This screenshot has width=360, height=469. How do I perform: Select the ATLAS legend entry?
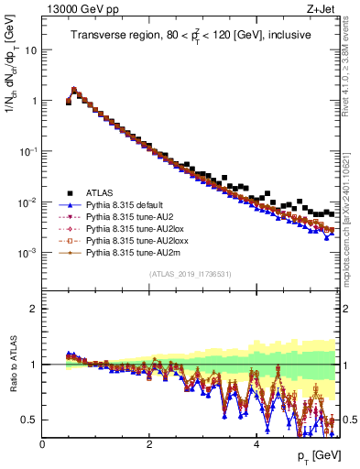coord(102,192)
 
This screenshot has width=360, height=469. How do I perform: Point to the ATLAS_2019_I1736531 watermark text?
coord(190,274)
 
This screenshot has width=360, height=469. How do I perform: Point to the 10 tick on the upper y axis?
coord(33,50)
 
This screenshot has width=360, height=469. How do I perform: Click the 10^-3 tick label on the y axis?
coord(29,252)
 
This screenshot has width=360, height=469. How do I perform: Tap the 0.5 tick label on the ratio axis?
coord(31,420)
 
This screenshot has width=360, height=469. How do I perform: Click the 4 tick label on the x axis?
coord(256,443)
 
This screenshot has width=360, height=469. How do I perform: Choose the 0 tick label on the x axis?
coord(42,443)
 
